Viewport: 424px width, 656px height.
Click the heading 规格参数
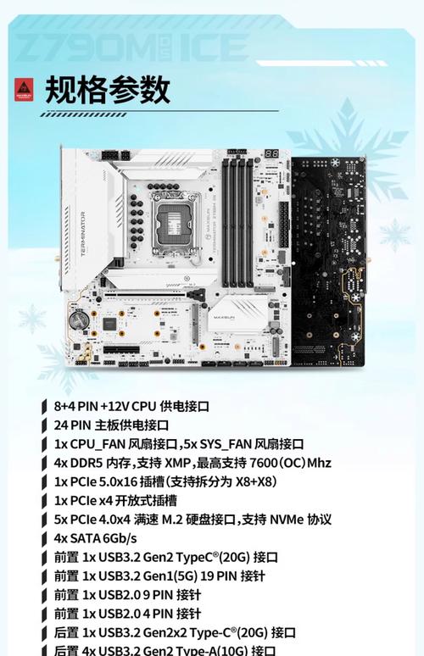point(108,88)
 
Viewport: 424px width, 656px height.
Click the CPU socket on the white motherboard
point(170,211)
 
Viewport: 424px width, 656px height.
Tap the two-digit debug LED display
point(272,156)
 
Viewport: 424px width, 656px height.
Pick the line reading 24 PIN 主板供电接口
point(111,425)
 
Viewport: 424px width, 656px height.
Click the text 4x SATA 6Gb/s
point(95,538)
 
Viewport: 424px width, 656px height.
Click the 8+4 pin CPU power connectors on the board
point(114,155)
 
